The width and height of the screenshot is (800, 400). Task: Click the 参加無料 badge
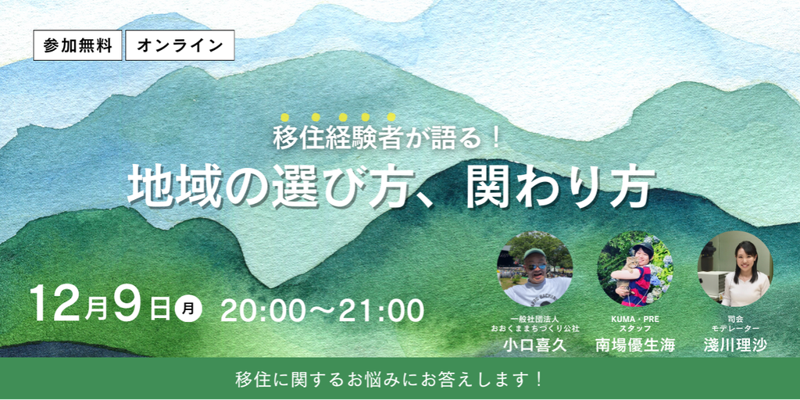tap(77, 45)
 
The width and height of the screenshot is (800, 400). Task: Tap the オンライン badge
tap(180, 45)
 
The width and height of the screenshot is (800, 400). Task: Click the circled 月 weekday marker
tap(188, 309)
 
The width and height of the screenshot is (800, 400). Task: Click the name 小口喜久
tap(534, 345)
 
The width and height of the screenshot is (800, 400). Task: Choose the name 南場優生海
tap(635, 345)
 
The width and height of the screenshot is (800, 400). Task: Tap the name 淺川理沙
tap(735, 345)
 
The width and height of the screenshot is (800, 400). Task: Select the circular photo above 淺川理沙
tap(735, 269)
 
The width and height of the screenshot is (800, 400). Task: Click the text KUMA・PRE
tap(635, 319)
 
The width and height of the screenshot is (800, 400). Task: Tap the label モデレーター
tap(735, 328)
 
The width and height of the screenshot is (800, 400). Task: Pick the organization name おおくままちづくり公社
tap(534, 328)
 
